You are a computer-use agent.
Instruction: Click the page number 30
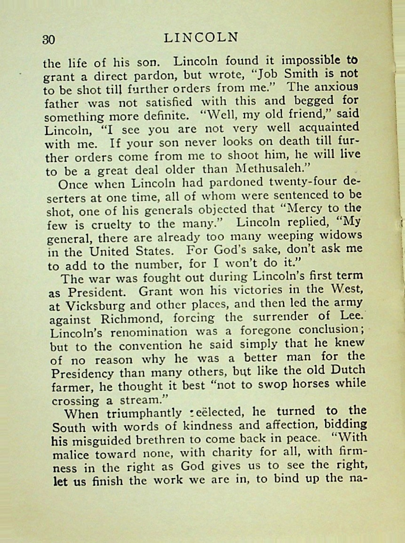[x=49, y=39]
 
